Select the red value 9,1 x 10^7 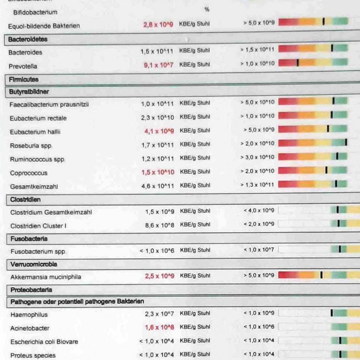click(x=158, y=65)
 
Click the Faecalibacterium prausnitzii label click(x=49, y=104)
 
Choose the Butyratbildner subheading click(x=29, y=92)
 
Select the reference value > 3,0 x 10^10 click(x=257, y=157)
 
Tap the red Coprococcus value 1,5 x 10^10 click(x=158, y=172)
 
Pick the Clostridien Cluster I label click(x=38, y=226)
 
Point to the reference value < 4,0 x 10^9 click(x=259, y=211)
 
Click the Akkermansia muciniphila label click(x=46, y=277)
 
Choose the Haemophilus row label click(x=29, y=315)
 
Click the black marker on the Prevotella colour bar click(x=297, y=63)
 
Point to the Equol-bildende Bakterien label click(x=44, y=26)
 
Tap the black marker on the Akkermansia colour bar click(x=321, y=275)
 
